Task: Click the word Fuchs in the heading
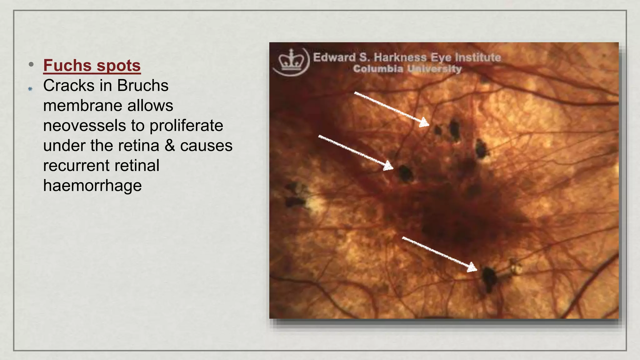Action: (67, 65)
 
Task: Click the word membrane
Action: (82, 105)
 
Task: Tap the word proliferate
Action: (186, 125)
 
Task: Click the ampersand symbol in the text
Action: (170, 146)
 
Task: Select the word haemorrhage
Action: (92, 185)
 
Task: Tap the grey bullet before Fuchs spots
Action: (31, 65)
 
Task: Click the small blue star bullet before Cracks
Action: (30, 89)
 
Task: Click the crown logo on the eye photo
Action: (291, 61)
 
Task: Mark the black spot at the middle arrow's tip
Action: (405, 174)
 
